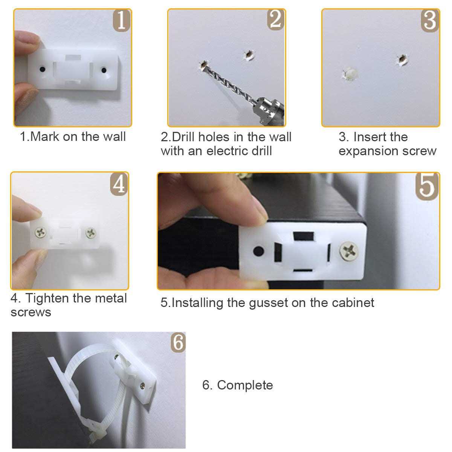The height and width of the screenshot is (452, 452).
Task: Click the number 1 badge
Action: tap(121, 20)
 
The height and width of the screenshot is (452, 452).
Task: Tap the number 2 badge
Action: tap(275, 20)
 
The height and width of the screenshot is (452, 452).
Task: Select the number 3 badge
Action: tap(429, 20)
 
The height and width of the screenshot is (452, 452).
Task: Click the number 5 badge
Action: tap(427, 185)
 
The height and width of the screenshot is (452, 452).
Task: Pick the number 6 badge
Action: tap(178, 342)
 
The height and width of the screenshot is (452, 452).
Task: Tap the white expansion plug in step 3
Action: tap(349, 74)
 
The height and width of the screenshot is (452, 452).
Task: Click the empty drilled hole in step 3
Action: tap(402, 60)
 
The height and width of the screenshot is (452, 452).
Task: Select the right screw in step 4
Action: tap(91, 233)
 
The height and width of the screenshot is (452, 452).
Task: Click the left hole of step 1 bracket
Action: tap(43, 70)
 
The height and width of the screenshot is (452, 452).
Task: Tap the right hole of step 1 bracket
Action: tap(103, 70)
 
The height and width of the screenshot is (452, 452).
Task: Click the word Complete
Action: tap(245, 385)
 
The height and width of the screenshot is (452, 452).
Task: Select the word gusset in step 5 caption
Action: tap(268, 303)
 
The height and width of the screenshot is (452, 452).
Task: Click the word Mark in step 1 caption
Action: tap(45, 136)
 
